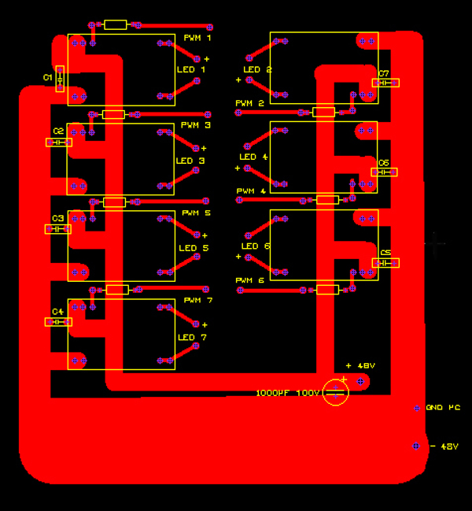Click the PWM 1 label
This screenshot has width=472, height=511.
tap(197, 38)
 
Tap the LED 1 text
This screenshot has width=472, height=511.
tap(191, 69)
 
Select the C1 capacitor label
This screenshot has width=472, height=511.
tap(47, 77)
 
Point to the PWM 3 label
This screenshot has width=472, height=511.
tap(196, 125)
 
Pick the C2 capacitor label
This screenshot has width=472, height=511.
tap(58, 131)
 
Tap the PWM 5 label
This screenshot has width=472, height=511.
tap(197, 213)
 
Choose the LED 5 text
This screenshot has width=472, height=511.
tap(194, 248)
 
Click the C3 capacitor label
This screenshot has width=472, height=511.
tap(57, 218)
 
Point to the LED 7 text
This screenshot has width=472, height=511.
tap(192, 337)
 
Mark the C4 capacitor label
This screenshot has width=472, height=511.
tap(57, 312)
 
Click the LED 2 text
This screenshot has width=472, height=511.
tap(257, 69)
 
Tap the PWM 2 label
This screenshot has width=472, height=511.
tap(249, 103)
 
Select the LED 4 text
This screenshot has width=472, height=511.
tap(254, 157)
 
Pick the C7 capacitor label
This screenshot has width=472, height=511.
tap(384, 73)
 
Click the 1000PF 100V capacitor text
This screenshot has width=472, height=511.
tap(287, 392)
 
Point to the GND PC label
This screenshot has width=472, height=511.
tap(443, 408)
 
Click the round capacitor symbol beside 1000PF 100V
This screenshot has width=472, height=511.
tap(336, 392)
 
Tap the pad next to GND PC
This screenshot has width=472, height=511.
tap(417, 408)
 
